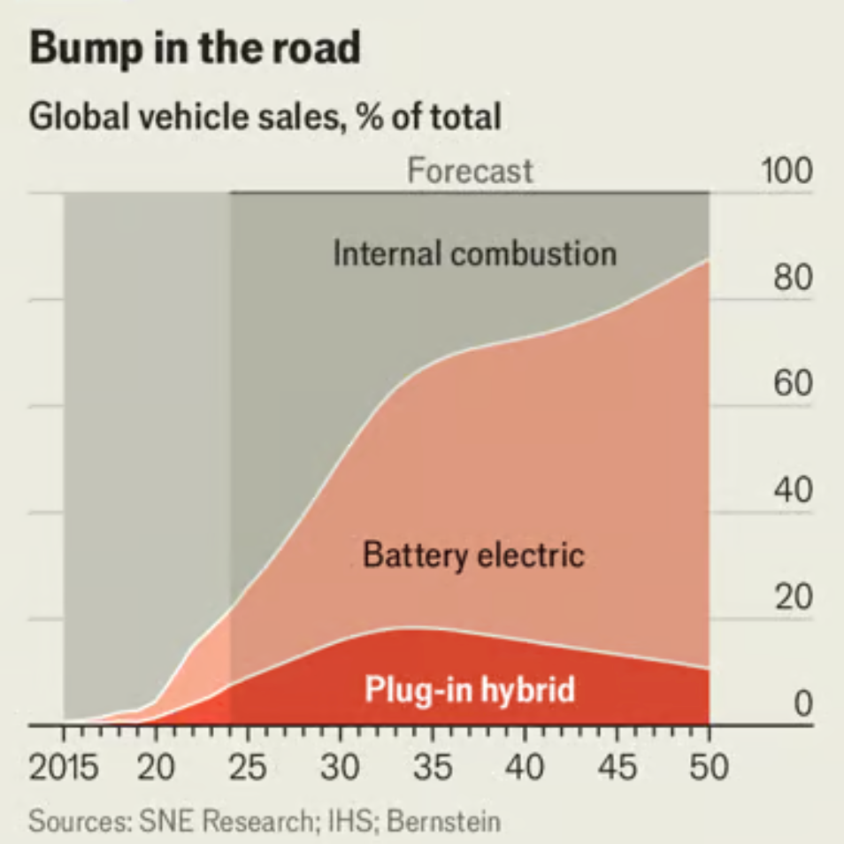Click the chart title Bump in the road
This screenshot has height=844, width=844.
pyautogui.click(x=195, y=48)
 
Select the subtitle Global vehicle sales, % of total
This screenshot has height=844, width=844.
pyautogui.click(x=265, y=116)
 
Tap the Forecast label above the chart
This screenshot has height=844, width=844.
pyautogui.click(x=470, y=170)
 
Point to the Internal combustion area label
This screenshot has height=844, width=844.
pyautogui.click(x=474, y=254)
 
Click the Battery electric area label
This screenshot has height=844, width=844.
pyautogui.click(x=473, y=556)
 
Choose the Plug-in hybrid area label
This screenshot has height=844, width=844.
pyautogui.click(x=470, y=689)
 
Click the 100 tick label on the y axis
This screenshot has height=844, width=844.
pyautogui.click(x=786, y=171)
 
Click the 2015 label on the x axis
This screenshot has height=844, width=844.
pyautogui.click(x=64, y=767)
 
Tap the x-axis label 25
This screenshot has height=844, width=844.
pyautogui.click(x=249, y=767)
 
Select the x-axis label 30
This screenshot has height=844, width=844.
pyautogui.click(x=341, y=767)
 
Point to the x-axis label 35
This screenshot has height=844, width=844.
pyautogui.click(x=433, y=767)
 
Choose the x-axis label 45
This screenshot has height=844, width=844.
pyautogui.click(x=617, y=767)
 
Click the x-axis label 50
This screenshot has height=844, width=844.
pyautogui.click(x=708, y=767)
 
